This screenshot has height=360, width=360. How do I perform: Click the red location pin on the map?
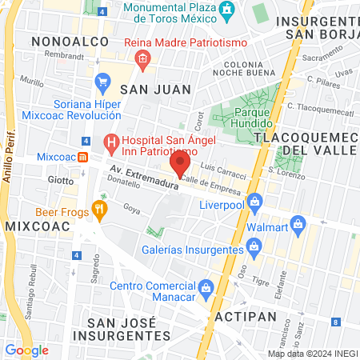(180, 165)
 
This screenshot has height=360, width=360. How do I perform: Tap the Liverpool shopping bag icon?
(255, 201)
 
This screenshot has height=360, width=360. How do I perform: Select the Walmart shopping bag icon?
(298, 222)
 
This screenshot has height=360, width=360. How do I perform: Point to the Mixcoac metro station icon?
(83, 158)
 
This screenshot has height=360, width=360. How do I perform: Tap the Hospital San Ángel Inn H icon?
(111, 145)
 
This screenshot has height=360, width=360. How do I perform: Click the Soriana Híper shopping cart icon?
(102, 82)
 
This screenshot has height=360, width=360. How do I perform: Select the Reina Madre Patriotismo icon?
(142, 58)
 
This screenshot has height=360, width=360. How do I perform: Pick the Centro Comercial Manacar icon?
(205, 286)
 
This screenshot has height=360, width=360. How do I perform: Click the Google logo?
(26, 350)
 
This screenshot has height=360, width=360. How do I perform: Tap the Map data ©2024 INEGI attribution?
(312, 354)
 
